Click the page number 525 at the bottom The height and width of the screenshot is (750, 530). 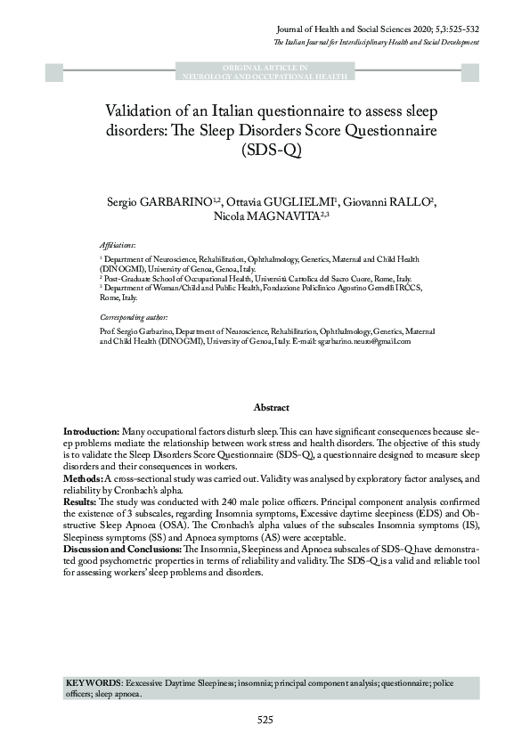265,720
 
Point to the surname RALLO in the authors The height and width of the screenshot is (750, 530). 413,199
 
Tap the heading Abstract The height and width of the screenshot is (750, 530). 272,407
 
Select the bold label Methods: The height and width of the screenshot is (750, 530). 83,478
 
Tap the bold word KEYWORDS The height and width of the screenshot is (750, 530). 94,681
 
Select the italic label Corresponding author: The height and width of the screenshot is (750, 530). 134,317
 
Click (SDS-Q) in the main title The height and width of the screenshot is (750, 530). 265,151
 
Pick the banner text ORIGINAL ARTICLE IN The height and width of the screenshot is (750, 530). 265,68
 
